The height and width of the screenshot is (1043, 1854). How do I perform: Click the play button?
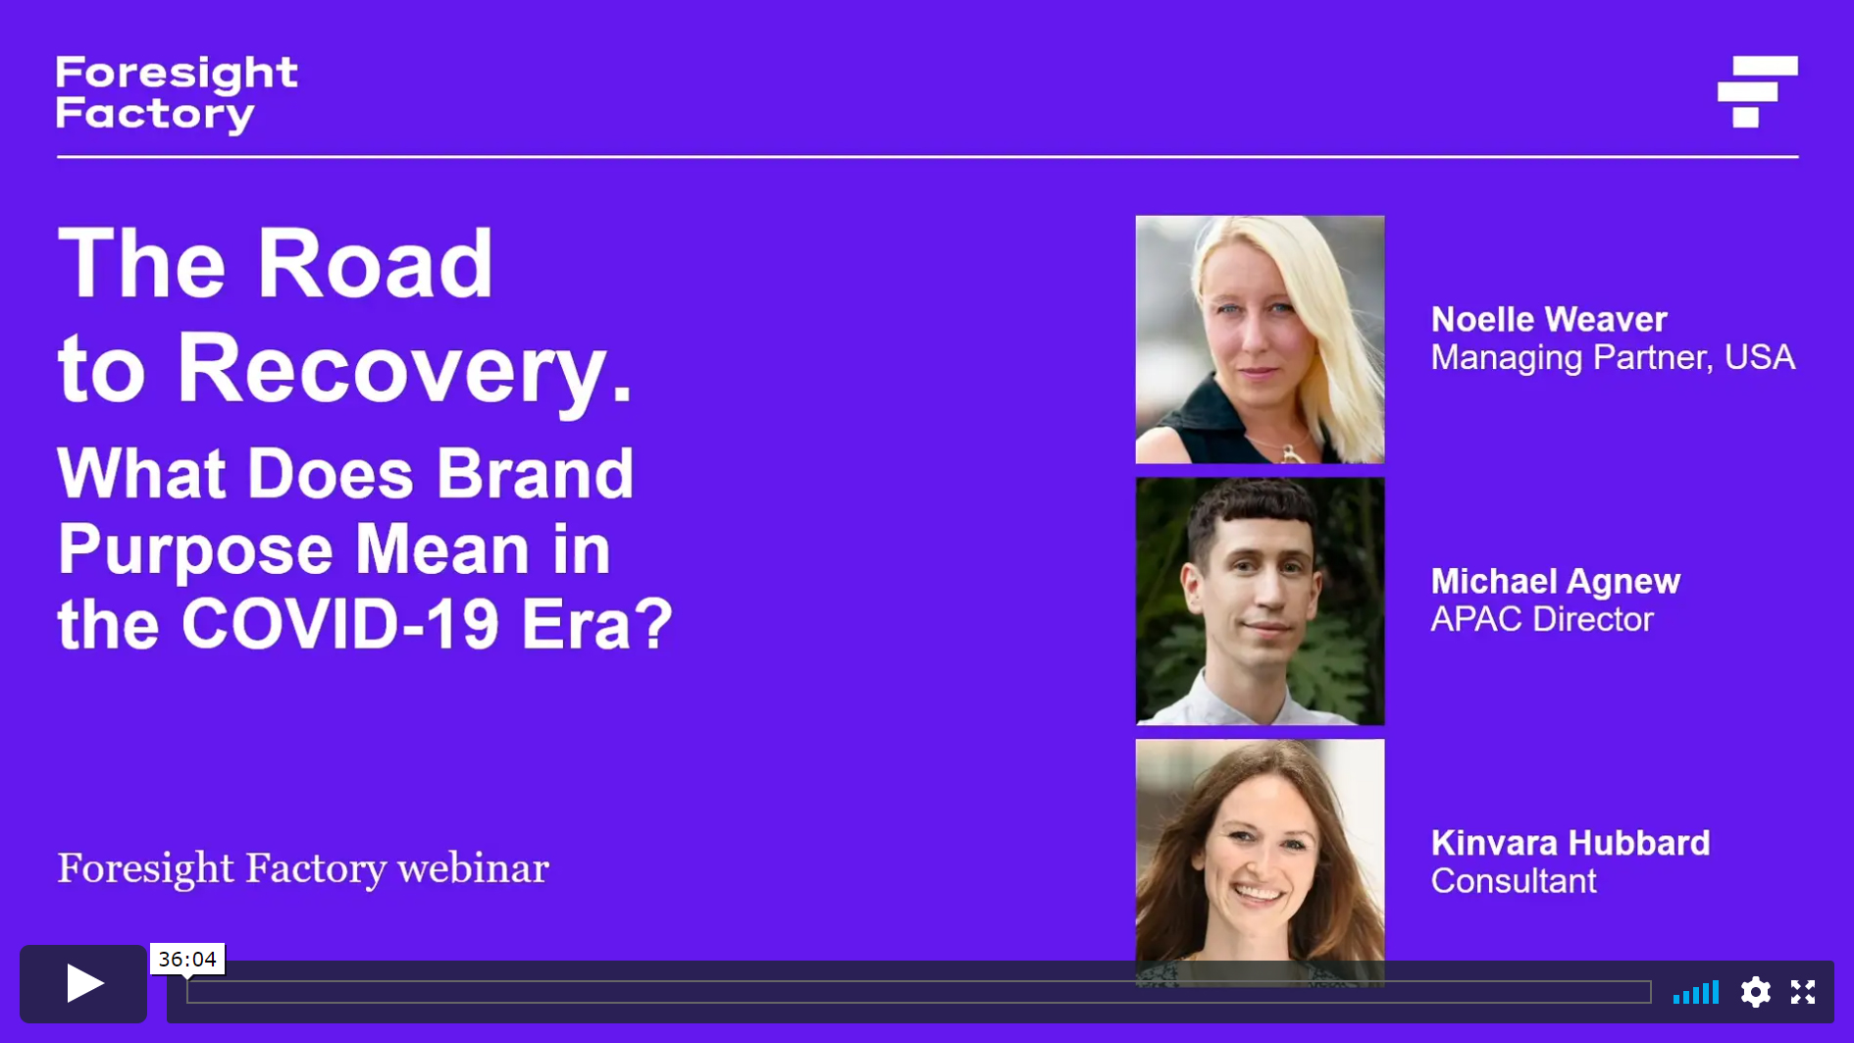click(x=83, y=983)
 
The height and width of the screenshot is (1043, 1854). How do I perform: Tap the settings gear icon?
click(x=1755, y=992)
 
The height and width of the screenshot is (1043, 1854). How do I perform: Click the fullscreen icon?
click(x=1803, y=992)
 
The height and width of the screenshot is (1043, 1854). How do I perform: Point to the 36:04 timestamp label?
click(x=187, y=959)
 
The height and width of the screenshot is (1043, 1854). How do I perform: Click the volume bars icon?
click(x=1696, y=992)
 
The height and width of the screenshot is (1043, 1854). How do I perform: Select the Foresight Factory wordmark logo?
click(x=177, y=94)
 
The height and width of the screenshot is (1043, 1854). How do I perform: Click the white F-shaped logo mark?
click(x=1758, y=91)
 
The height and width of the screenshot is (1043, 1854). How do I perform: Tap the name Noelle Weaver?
click(x=1549, y=319)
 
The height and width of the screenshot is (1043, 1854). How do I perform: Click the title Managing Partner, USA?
click(x=1613, y=357)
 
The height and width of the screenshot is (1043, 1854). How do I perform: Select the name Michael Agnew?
click(x=1556, y=581)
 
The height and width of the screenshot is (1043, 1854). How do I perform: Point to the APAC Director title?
click(x=1542, y=619)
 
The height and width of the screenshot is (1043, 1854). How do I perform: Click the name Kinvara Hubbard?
click(x=1571, y=843)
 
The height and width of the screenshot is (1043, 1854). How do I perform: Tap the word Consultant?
click(x=1514, y=881)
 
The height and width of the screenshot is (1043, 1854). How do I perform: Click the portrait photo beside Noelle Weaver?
click(x=1260, y=339)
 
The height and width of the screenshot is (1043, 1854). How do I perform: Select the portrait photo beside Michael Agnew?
click(x=1260, y=601)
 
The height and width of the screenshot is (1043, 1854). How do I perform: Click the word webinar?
click(x=473, y=868)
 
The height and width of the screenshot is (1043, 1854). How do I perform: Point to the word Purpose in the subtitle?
click(x=195, y=551)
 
